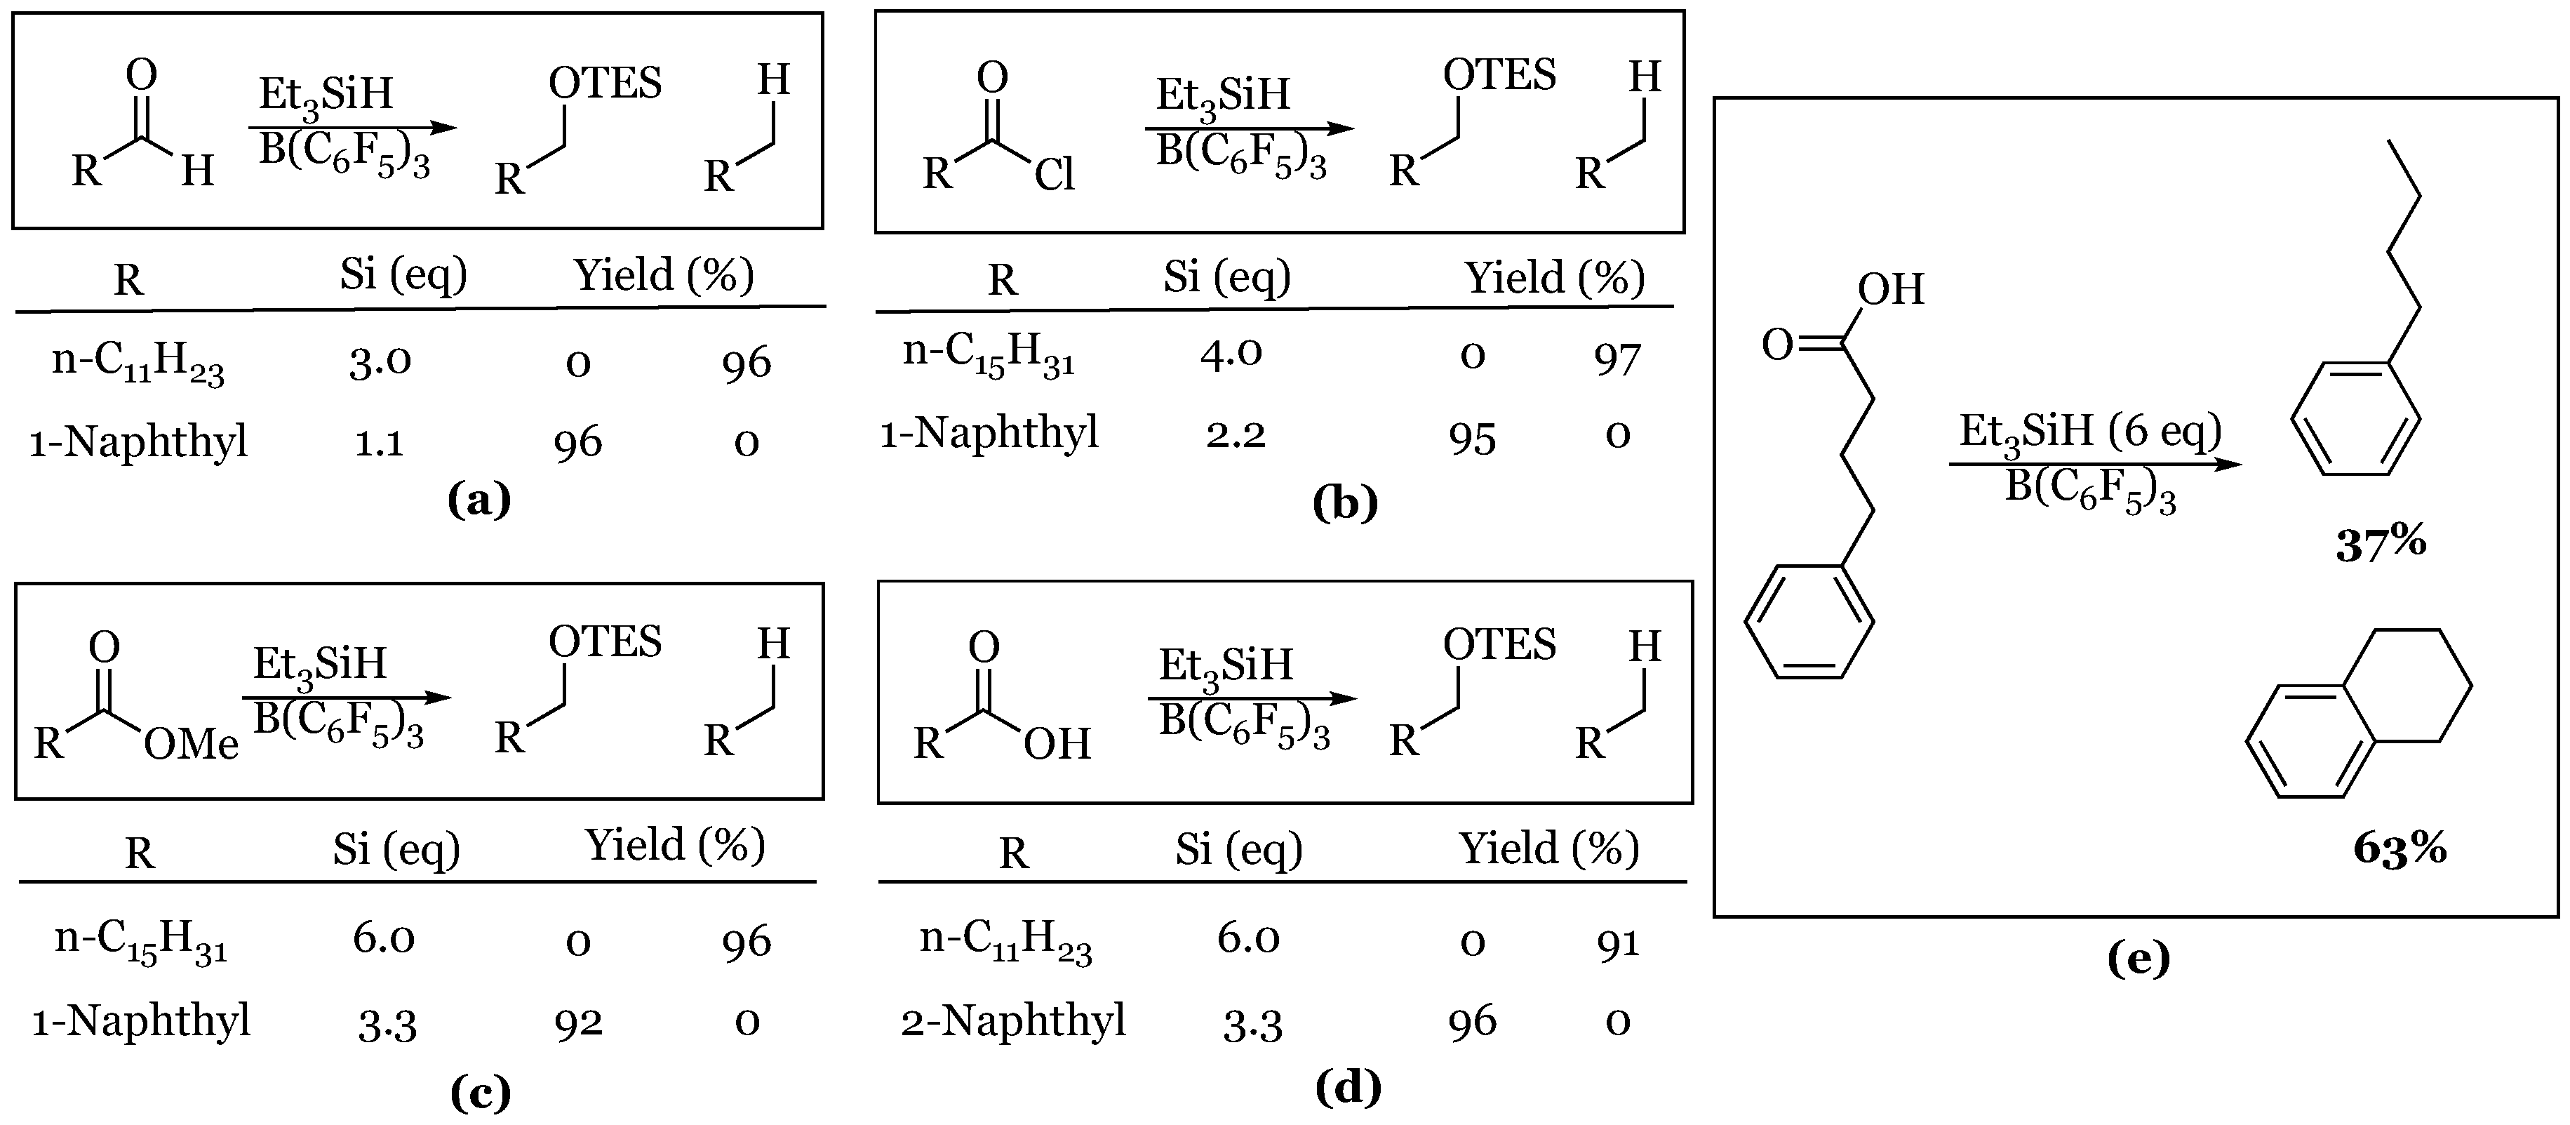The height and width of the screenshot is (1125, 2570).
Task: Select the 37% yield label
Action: tap(2381, 544)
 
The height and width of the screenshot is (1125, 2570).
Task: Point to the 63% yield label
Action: tap(2400, 848)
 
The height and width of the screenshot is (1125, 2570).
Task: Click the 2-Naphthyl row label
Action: tap(1012, 1020)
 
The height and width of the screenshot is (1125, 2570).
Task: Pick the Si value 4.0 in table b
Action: tap(1231, 352)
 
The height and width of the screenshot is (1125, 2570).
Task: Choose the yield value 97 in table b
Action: tap(1617, 359)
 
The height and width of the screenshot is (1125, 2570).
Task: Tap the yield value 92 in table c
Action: tap(579, 1022)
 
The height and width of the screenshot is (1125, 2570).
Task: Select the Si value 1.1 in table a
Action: tap(379, 442)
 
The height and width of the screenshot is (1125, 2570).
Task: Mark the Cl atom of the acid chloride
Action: tap(1054, 175)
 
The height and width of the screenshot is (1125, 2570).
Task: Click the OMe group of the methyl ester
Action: tap(191, 744)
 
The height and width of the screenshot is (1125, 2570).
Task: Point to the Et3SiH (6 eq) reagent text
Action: tap(2090, 431)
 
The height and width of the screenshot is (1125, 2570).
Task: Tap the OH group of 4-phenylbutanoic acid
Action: tap(1891, 289)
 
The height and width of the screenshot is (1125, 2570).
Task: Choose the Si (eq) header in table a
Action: tap(403, 274)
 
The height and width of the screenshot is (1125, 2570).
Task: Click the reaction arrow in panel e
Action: tap(2095, 464)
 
